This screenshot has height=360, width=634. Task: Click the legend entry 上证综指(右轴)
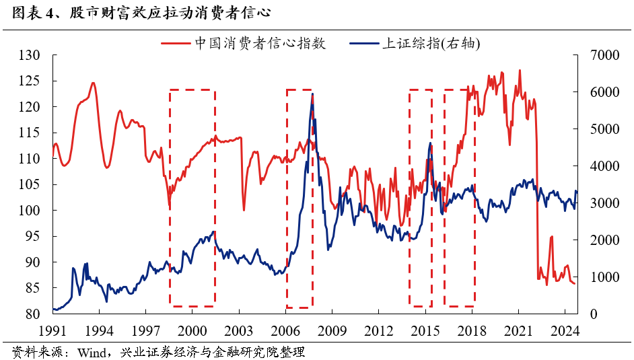[431, 43]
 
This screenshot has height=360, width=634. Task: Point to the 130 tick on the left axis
[30, 55]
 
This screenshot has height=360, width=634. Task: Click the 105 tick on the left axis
[30, 184]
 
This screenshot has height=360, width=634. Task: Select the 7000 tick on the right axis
[603, 55]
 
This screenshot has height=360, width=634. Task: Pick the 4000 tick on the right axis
[603, 166]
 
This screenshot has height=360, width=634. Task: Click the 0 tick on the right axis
[593, 314]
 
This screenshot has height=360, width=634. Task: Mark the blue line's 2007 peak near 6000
[312, 94]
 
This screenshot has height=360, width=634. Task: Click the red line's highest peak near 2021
[520, 70]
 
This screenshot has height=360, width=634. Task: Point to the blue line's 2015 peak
[430, 143]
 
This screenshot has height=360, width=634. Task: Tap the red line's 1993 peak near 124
[93, 83]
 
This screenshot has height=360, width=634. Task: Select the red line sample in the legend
[176, 44]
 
